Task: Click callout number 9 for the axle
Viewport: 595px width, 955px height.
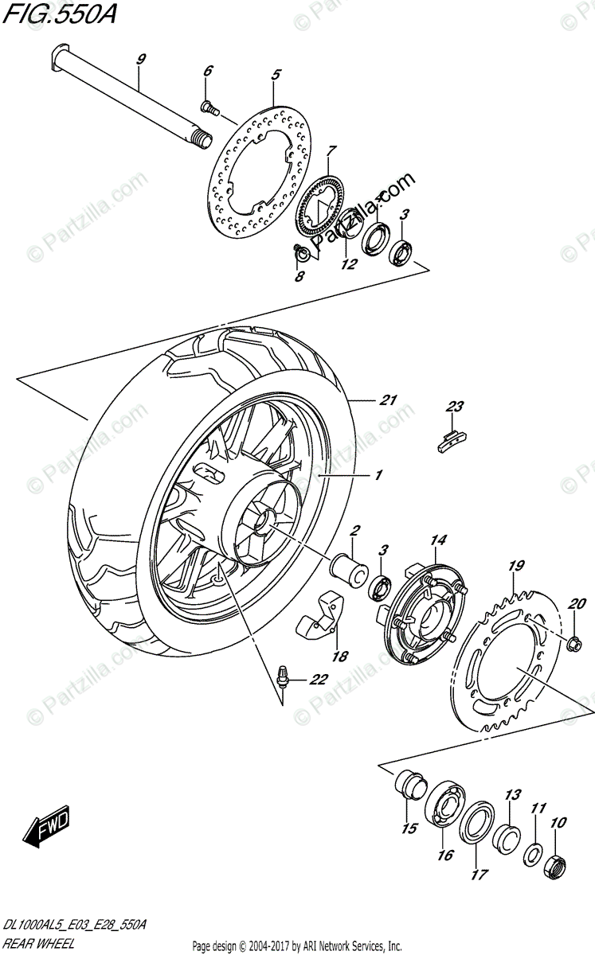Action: pos(140,59)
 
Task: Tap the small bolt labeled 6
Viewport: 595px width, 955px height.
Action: pos(208,105)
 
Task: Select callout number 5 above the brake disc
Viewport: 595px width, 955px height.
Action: pos(276,75)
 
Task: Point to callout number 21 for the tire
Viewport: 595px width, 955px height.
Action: pos(388,400)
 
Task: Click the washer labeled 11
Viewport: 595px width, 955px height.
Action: pos(532,855)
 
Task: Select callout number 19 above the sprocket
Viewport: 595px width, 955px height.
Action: pos(516,566)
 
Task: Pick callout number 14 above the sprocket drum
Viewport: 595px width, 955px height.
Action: pos(437,541)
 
